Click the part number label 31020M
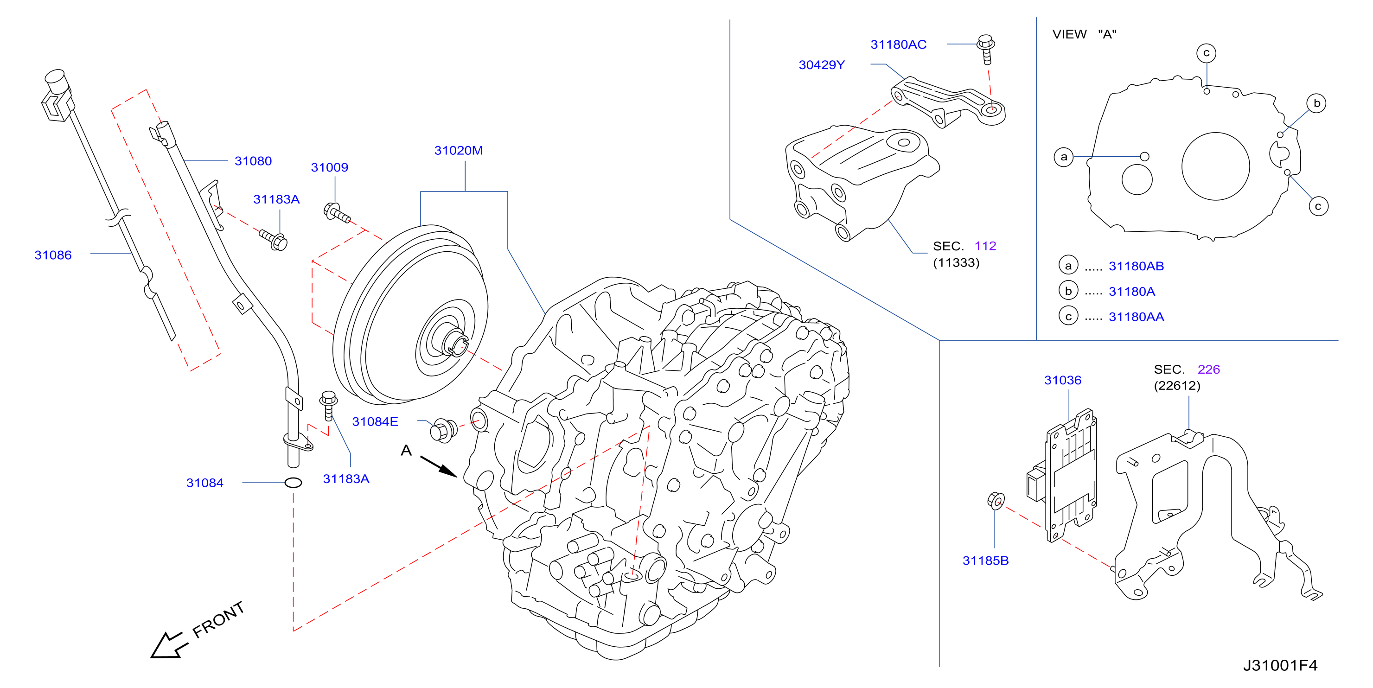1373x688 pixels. pyautogui.click(x=459, y=151)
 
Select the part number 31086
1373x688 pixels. pyautogui.click(x=53, y=255)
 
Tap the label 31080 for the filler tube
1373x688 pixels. pyautogui.click(x=253, y=161)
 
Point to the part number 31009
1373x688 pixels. pyautogui.click(x=329, y=167)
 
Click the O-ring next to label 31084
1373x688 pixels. pyautogui.click(x=293, y=483)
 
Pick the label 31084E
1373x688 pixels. pyautogui.click(x=375, y=421)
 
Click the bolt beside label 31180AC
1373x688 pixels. pyautogui.click(x=986, y=50)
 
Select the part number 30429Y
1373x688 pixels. pyautogui.click(x=821, y=65)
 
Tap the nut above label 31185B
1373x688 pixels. pyautogui.click(x=996, y=501)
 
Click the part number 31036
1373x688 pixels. pyautogui.click(x=1063, y=380)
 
